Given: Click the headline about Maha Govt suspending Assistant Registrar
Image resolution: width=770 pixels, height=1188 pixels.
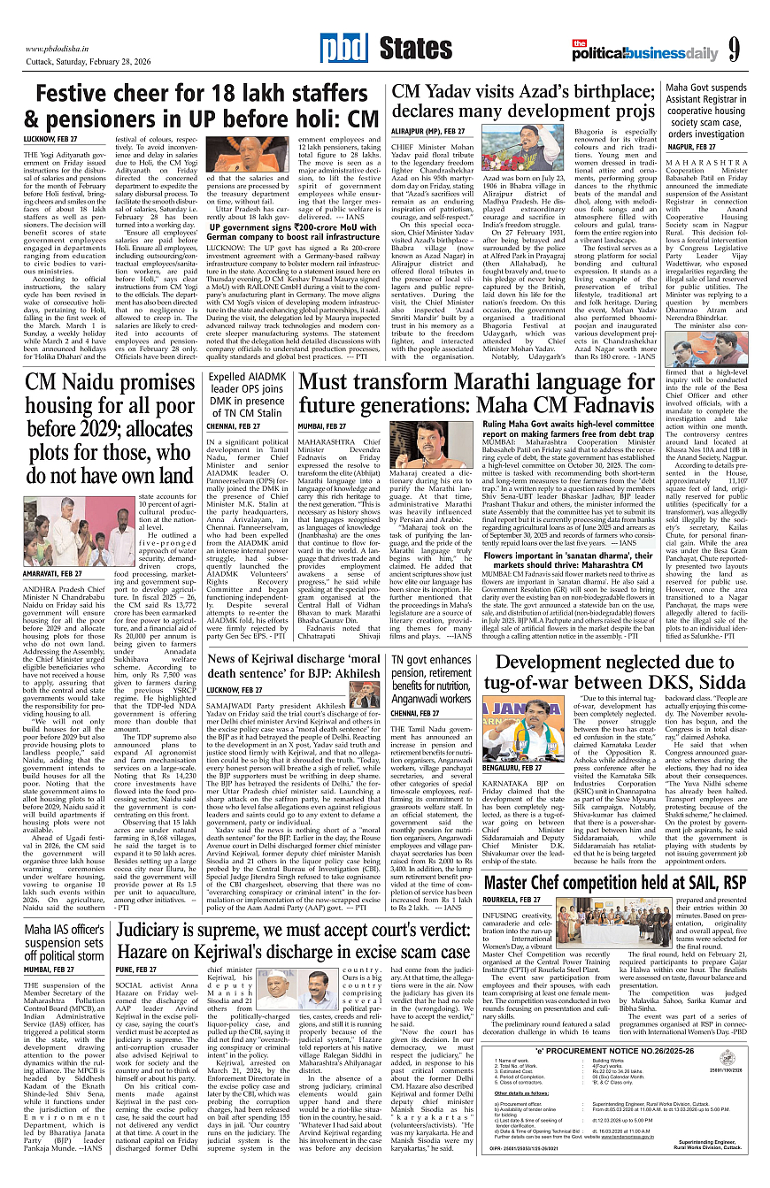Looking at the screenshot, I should point(712,111).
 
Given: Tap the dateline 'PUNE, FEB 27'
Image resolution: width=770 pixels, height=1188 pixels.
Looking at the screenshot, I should point(138,970).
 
